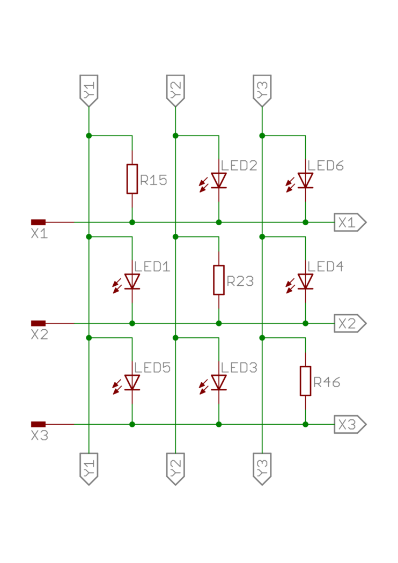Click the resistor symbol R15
coord(132,179)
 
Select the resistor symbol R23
coord(219,280)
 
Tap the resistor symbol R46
coord(305,381)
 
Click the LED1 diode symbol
coord(132,281)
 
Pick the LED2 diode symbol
coord(219,181)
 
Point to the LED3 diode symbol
coord(219,383)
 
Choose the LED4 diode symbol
coord(305,281)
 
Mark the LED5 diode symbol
coord(132,383)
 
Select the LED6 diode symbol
coord(305,181)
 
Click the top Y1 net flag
coord(89,90)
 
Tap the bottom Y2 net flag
coord(175,468)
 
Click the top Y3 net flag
coord(262,90)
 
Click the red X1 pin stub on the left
coord(39,222)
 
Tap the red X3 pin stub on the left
coord(39,424)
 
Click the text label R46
coord(327,383)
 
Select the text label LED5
coord(153,368)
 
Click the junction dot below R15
coord(132,222)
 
